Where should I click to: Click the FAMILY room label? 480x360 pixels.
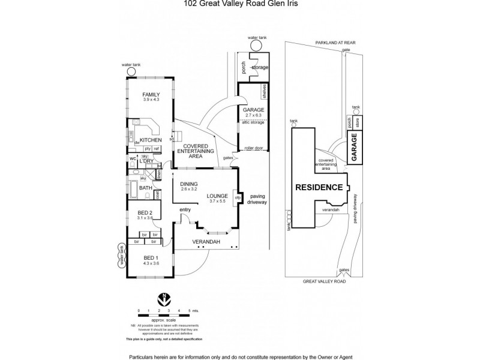point(151,94)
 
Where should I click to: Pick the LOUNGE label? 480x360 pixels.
point(216,196)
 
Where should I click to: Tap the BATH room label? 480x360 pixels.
point(146,188)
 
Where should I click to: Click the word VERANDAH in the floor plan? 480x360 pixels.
point(205,241)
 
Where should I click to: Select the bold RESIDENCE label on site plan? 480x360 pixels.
point(319,187)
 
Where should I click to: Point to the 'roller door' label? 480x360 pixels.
point(253,148)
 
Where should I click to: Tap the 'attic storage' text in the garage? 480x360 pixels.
point(253,122)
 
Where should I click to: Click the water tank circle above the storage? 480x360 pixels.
point(256,46)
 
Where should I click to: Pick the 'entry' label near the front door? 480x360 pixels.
point(185,209)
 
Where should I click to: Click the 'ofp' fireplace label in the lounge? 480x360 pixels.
point(237,197)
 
